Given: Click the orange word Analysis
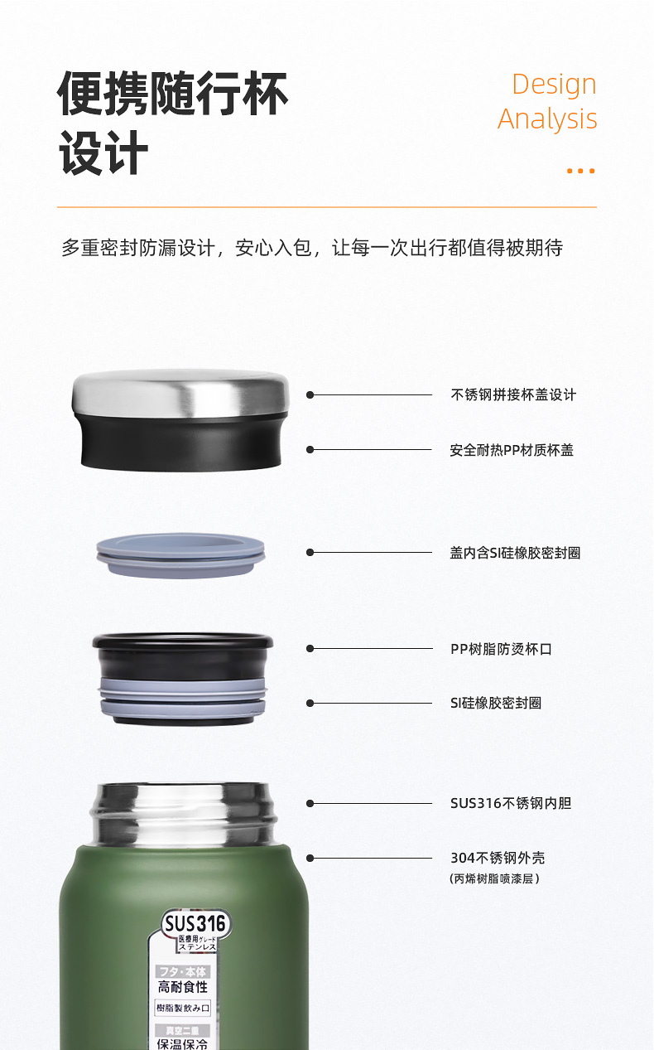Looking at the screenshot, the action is tap(547, 119).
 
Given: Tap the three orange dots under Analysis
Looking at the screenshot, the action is tap(580, 171).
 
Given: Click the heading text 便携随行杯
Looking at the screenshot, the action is tap(172, 94).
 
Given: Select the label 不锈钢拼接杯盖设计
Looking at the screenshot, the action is tap(513, 394).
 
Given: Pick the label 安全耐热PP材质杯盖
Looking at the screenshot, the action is tap(512, 450).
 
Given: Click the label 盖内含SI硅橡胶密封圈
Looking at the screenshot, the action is tap(515, 553).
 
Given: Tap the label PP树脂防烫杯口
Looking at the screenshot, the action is tap(501, 649).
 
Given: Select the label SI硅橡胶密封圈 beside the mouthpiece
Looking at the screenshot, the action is tap(496, 703).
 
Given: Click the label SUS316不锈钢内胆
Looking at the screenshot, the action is tap(511, 803).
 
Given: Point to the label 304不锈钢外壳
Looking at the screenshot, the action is tap(498, 858).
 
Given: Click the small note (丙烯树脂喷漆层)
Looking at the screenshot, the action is tap(494, 878).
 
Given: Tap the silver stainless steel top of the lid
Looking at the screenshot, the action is tap(180, 393).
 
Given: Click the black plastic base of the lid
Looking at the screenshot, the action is tap(181, 443).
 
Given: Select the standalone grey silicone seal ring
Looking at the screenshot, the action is tap(180, 555).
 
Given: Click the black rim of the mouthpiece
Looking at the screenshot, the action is tap(183, 641).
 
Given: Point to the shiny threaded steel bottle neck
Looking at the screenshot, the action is tap(183, 815).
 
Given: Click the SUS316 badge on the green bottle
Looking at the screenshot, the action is tap(195, 924).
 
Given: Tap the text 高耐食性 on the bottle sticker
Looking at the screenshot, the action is tap(183, 987).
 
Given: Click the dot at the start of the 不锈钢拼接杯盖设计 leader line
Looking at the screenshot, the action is tap(310, 394).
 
